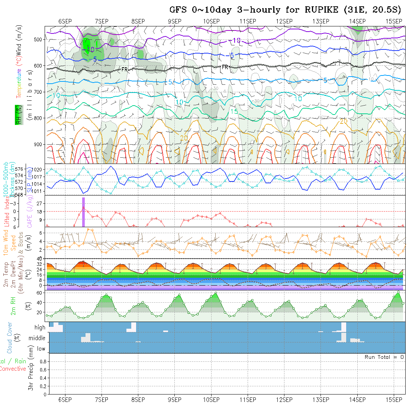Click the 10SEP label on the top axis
tap(211, 21)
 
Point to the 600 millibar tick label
tap(39, 66)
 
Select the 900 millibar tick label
tap(39, 144)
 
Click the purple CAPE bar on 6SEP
tap(83, 212)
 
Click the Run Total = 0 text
tap(384, 357)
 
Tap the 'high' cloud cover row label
tap(40, 328)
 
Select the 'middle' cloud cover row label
tap(37, 338)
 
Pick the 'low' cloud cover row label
tap(41, 349)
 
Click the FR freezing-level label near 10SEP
tap(225, 67)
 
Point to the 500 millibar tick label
tap(39, 40)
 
